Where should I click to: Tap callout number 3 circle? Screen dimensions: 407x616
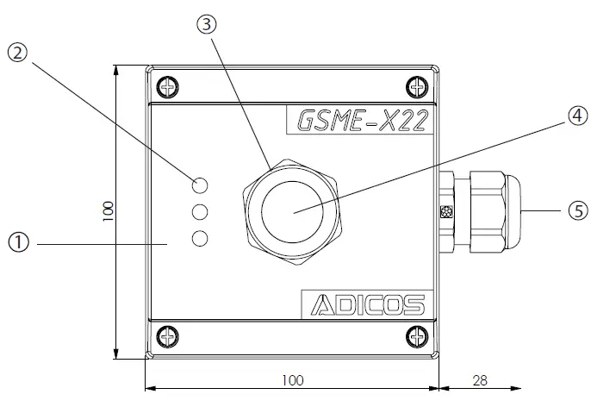(206, 25)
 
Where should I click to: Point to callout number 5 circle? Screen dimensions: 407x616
(577, 210)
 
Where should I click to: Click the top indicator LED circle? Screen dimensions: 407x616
(201, 185)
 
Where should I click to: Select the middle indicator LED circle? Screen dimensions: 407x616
(201, 211)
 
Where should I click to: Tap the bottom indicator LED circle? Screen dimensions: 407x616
(201, 238)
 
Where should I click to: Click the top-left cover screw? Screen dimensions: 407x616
(167, 86)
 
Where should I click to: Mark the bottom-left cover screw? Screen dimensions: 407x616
(167, 335)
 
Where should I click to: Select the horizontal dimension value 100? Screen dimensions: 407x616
(292, 379)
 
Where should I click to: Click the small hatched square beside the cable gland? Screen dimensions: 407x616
(445, 212)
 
